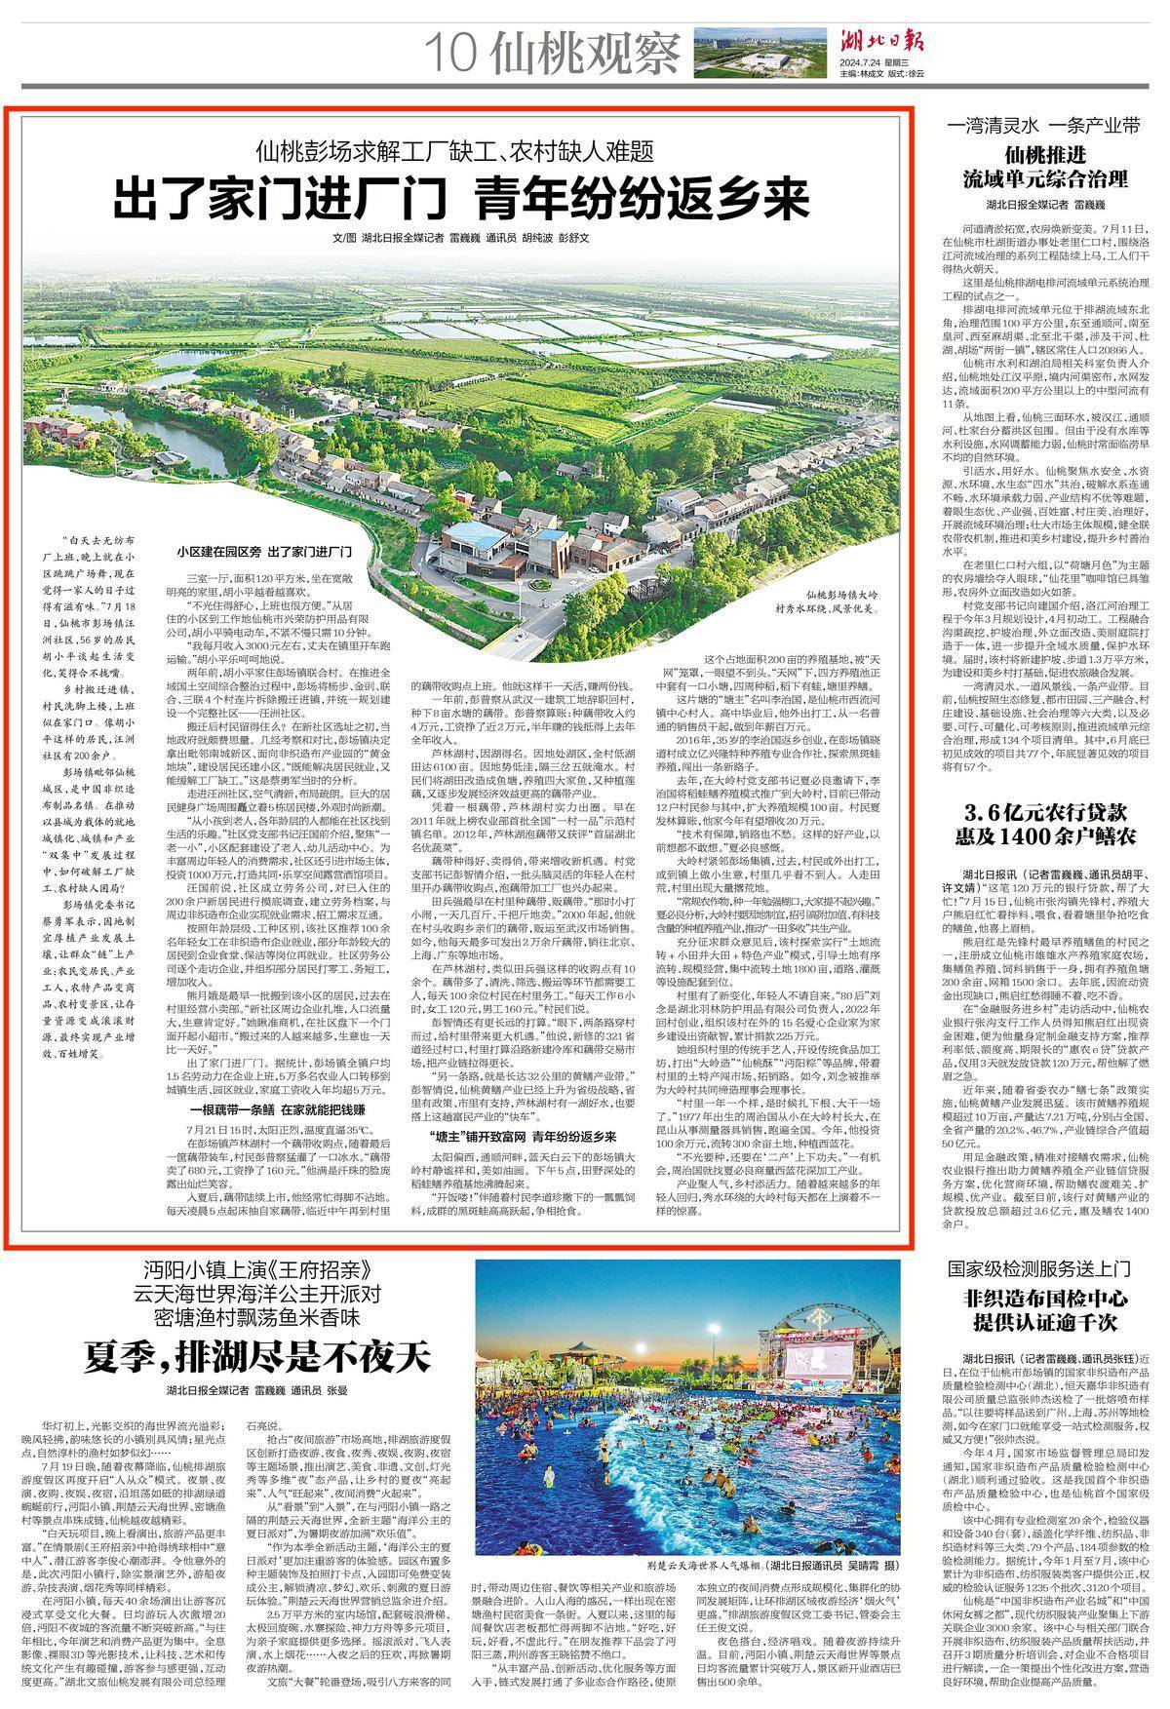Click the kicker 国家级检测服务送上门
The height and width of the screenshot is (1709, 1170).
(1044, 1269)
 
